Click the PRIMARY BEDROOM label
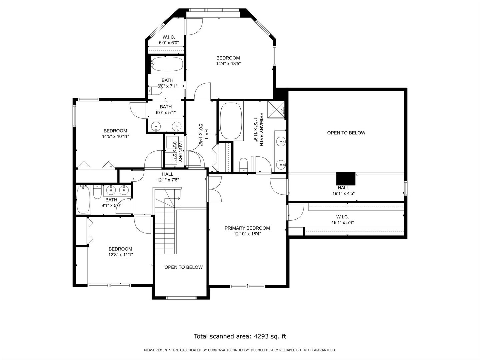click(x=247, y=228)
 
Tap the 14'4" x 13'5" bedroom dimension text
click(x=228, y=63)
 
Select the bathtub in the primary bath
click(x=230, y=121)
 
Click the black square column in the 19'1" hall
click(x=346, y=178)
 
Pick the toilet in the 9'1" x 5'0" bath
click(x=97, y=192)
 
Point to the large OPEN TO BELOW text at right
click(x=346, y=133)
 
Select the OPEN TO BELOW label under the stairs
click(x=183, y=267)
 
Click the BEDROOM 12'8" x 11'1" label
click(x=120, y=252)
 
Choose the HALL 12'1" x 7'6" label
click(x=168, y=177)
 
